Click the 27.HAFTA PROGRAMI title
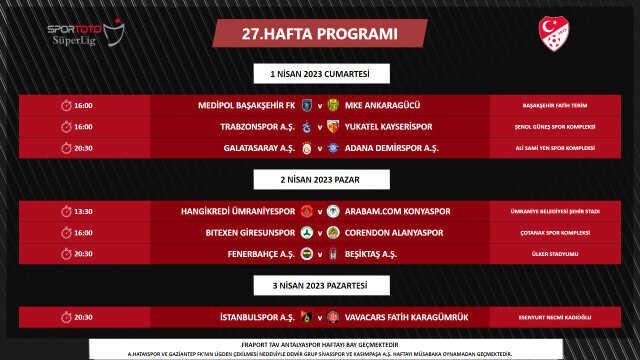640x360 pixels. [320, 34]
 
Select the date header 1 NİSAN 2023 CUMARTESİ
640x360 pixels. [320, 75]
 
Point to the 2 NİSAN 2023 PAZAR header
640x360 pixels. [320, 180]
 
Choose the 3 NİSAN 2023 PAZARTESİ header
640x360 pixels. [320, 288]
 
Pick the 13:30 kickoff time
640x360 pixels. [83, 212]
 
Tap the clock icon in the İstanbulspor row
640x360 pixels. [66, 318]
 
